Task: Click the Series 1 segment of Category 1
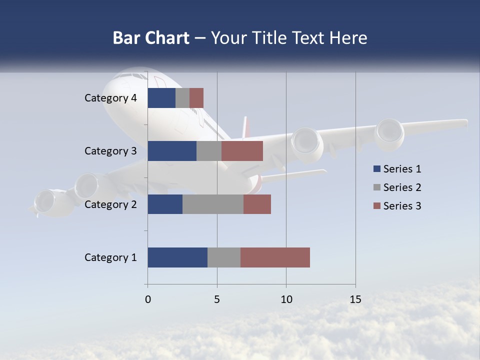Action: pos(177,257)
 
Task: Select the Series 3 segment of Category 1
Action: pos(275,257)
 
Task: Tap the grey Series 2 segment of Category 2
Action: pos(213,204)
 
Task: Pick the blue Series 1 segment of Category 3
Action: pos(172,151)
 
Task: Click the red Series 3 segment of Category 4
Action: pos(196,98)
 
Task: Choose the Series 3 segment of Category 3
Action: pos(242,151)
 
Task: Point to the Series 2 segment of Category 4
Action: pos(182,98)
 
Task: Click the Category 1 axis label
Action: pos(110,257)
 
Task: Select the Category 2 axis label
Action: pos(110,204)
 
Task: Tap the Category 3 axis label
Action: pos(110,151)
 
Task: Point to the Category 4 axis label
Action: pos(110,98)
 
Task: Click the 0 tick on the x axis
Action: pos(147,299)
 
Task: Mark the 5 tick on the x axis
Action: pos(217,299)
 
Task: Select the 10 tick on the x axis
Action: pos(286,299)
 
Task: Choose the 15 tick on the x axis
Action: pos(355,299)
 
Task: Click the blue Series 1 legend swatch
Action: pos(376,169)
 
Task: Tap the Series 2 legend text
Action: pos(402,187)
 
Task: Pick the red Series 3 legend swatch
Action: pos(376,206)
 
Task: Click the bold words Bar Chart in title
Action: pos(151,38)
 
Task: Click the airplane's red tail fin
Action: pos(245,127)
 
